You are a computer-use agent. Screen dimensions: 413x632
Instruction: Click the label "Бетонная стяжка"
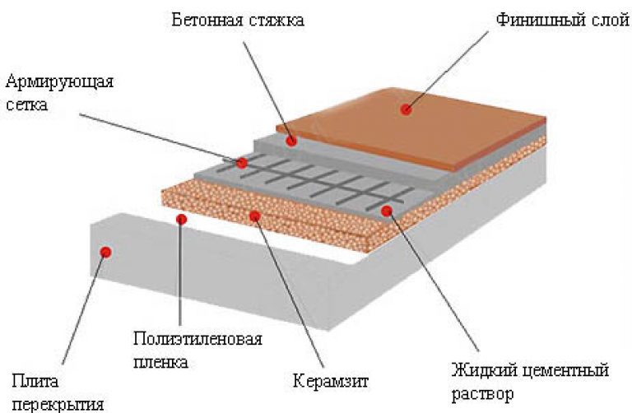coord(238,19)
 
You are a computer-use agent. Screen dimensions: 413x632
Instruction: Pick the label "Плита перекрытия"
coord(58,392)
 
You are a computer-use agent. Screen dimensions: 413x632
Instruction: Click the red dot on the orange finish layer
coord(406,109)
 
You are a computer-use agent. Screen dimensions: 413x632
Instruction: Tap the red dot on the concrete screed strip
coord(290,142)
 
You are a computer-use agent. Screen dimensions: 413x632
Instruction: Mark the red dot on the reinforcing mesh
coord(242,163)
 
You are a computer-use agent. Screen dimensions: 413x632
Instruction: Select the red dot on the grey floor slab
coord(105,250)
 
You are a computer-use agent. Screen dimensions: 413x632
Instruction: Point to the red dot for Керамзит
coord(255,216)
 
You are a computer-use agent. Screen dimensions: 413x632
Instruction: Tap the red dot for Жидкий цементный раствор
coord(387,211)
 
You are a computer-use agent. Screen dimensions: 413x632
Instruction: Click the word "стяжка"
coord(275,19)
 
